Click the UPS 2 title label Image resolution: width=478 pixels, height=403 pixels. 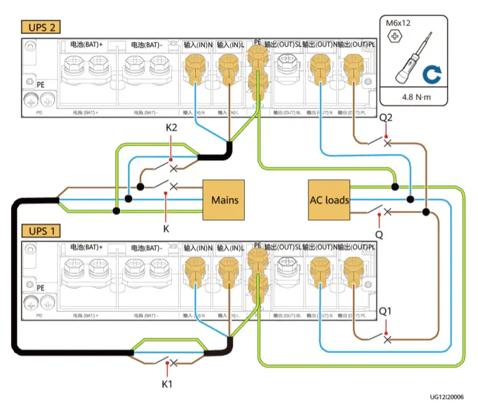point(41,28)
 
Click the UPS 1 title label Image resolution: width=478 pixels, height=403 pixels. point(41,231)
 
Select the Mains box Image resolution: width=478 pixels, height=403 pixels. point(224,200)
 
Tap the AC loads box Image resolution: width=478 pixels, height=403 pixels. point(329,200)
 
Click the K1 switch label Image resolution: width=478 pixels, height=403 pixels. point(166,383)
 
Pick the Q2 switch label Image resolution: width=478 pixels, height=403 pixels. point(386,117)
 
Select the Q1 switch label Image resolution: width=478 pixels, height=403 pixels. point(386,311)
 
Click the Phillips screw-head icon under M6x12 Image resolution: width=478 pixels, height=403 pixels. point(392,36)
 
